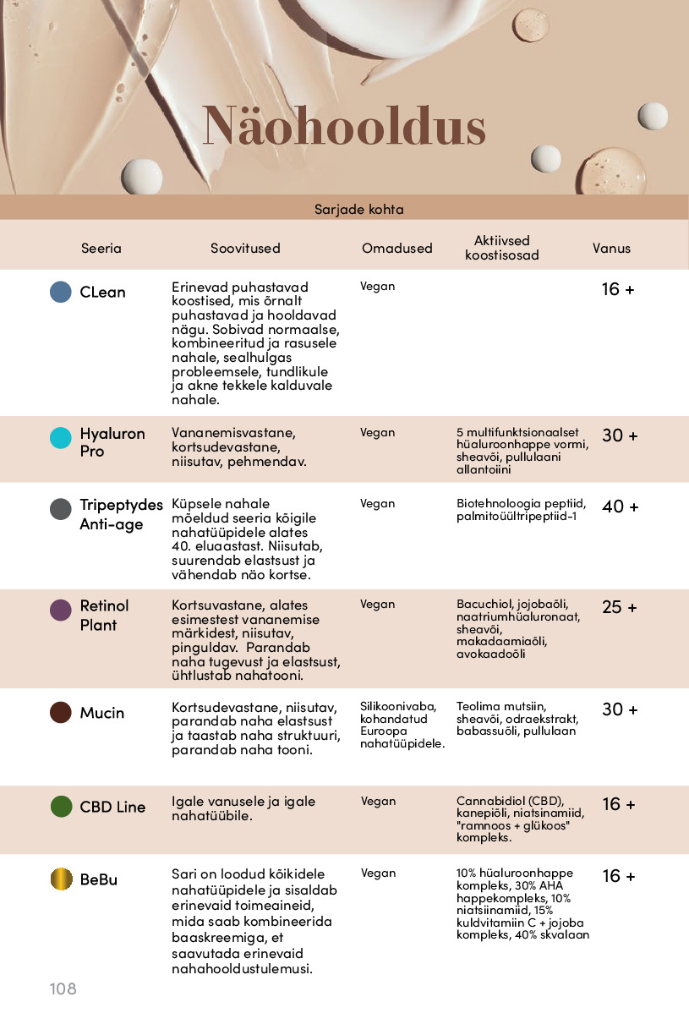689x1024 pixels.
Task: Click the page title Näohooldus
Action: coord(344,127)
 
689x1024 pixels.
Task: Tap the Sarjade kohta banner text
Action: coord(358,209)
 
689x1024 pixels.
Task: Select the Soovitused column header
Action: coord(245,249)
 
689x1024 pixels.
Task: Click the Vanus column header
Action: coord(611,248)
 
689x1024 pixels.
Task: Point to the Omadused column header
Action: coord(396,249)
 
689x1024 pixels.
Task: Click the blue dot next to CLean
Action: coord(61,292)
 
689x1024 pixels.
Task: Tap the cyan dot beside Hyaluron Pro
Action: coord(61,437)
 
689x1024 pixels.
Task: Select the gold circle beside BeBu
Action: coord(61,879)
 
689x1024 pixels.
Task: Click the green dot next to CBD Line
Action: coord(61,806)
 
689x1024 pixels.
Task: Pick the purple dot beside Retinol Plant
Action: coord(61,611)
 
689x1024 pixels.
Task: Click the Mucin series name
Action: coord(101,713)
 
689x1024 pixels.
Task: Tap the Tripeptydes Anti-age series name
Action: coord(121,514)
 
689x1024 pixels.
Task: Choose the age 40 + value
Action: coord(620,507)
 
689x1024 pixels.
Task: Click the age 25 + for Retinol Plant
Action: coord(620,607)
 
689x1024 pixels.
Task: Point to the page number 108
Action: coord(63,988)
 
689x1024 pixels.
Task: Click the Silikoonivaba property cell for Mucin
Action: coord(398,707)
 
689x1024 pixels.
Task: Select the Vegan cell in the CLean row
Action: coord(377,286)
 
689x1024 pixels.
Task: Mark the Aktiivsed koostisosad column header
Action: coord(501,248)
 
